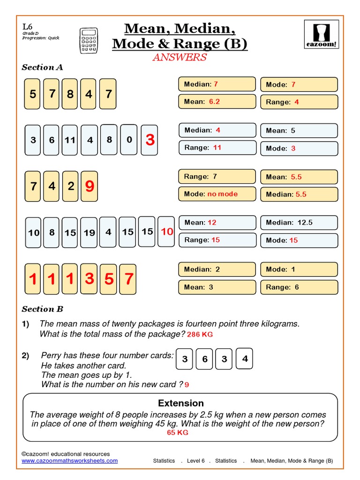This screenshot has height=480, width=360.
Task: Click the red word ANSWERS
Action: point(180,57)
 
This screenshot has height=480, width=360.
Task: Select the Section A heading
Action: point(42,67)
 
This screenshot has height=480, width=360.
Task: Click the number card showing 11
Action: point(70,140)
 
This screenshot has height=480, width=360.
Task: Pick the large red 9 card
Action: point(90,187)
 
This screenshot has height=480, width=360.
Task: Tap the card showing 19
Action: point(89,232)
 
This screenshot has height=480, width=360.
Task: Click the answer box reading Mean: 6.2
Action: point(217,102)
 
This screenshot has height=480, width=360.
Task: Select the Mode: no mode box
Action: point(217,194)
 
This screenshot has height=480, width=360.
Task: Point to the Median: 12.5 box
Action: point(299,223)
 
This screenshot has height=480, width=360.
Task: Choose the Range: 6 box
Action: point(299,287)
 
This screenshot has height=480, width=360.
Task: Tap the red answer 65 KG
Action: point(178,433)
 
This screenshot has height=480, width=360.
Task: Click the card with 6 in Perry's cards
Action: point(205,360)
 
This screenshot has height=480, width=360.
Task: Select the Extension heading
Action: point(180,403)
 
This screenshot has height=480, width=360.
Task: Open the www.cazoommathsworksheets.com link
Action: point(70,461)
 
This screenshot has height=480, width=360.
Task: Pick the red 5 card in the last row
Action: point(109,279)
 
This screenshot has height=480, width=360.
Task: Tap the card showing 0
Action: point(129,140)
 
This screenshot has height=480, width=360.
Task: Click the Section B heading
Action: point(42,309)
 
